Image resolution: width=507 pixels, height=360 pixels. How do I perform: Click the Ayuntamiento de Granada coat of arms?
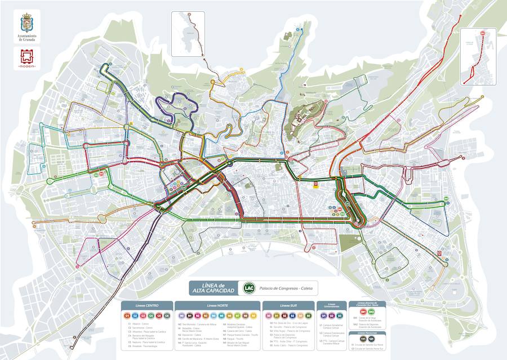[26, 23]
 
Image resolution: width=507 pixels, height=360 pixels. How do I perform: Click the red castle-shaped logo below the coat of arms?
[26, 57]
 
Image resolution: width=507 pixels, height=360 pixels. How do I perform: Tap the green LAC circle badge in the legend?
[247, 288]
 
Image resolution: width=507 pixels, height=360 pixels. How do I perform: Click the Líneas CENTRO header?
[147, 305]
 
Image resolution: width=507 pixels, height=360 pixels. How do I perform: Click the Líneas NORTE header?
[217, 305]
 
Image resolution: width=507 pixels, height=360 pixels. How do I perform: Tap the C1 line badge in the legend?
[128, 315]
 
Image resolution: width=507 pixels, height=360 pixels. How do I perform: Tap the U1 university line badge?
[323, 315]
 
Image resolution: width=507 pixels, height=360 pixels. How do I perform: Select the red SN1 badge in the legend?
[363, 312]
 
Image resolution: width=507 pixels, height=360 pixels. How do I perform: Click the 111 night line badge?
[363, 339]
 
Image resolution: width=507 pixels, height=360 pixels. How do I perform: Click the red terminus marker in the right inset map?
[482, 34]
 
